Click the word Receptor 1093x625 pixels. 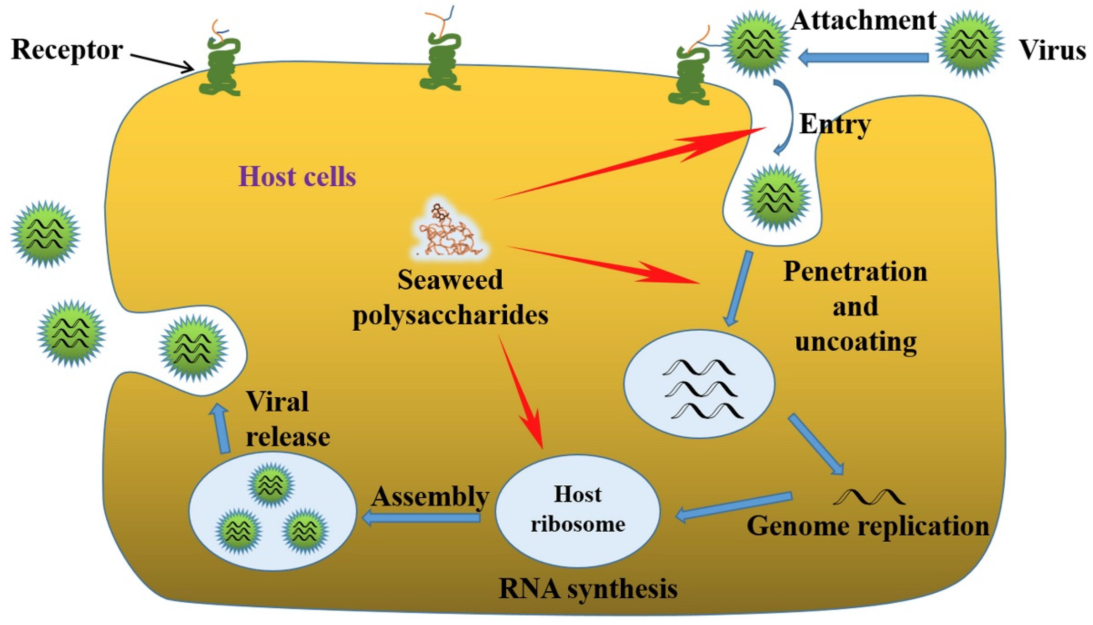[67, 50]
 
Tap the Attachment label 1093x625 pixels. [863, 21]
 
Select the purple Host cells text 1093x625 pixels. [297, 177]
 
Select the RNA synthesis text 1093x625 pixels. [588, 589]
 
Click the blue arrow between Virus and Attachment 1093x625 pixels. [862, 58]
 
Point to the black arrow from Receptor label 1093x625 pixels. [161, 62]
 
